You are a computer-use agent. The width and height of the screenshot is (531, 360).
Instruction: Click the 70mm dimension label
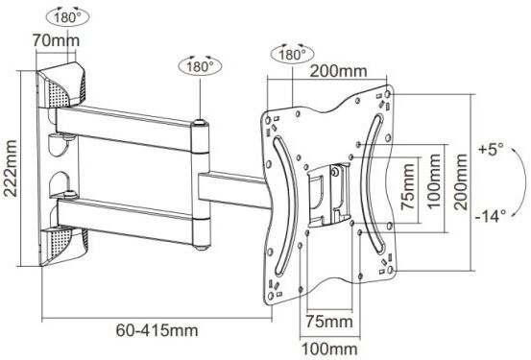click(x=57, y=40)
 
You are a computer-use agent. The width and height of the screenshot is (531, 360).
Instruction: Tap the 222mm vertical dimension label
click(x=11, y=168)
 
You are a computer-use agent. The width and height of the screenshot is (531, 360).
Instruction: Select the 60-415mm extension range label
click(x=157, y=330)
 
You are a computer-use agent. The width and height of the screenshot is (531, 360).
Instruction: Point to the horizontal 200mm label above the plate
click(x=338, y=71)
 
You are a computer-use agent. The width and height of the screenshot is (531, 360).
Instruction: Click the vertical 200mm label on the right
click(x=461, y=181)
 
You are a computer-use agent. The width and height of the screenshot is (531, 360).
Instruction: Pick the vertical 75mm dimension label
click(x=407, y=186)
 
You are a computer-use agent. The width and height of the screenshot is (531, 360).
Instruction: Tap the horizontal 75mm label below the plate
click(x=329, y=321)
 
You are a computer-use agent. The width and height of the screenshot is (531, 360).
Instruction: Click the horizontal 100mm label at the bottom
click(x=329, y=348)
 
